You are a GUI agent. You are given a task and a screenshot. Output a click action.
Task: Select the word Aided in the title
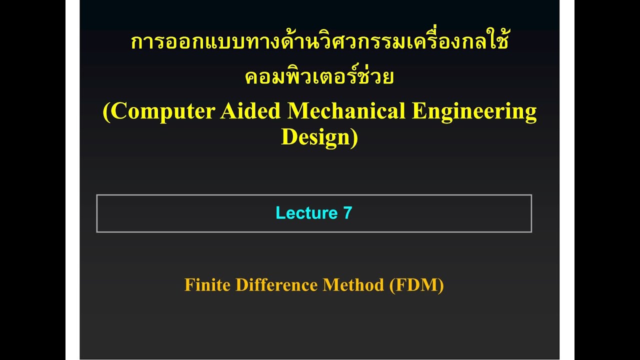(250, 111)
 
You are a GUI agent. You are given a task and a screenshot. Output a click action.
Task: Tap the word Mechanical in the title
(346, 111)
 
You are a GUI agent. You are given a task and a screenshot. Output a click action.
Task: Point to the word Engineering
(474, 111)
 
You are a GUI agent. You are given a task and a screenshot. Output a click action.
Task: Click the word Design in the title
(316, 136)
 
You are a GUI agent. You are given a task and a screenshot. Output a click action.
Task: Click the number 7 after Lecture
(347, 213)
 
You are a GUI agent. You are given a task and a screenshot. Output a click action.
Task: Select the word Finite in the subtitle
(207, 285)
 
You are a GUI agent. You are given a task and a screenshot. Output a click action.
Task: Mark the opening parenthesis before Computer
(106, 112)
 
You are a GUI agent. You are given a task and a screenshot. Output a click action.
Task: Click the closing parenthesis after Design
(354, 137)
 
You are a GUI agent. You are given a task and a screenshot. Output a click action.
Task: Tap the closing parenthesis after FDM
(440, 285)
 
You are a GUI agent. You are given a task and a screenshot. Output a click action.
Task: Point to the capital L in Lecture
(279, 213)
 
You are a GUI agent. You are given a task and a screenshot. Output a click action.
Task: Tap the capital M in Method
(329, 285)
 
